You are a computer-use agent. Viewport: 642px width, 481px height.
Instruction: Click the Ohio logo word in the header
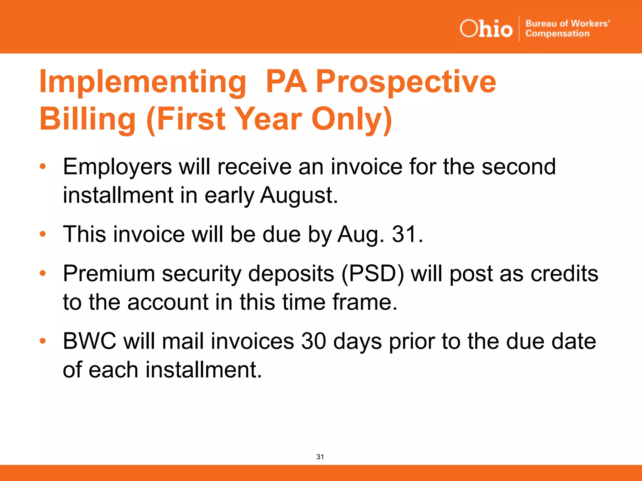486,29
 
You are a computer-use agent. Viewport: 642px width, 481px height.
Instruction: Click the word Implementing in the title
143,82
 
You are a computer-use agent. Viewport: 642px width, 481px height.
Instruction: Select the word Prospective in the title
406,82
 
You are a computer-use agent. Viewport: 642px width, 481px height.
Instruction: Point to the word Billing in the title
87,119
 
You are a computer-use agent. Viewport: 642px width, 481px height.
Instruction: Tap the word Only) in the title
352,119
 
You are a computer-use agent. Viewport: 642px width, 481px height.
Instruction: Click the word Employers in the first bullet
117,167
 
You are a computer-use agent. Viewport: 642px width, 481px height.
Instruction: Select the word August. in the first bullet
299,195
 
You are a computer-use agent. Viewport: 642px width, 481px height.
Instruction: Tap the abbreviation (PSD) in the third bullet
373,274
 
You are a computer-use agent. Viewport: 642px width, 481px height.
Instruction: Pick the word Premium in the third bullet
109,274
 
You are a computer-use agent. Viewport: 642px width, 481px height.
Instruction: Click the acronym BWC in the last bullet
89,341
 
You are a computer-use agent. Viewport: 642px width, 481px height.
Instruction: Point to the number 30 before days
313,341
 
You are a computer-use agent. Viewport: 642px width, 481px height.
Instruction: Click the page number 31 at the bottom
320,457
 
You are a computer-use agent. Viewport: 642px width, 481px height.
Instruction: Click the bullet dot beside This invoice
43,234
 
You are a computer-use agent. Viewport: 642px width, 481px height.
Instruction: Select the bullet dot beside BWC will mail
43,341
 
